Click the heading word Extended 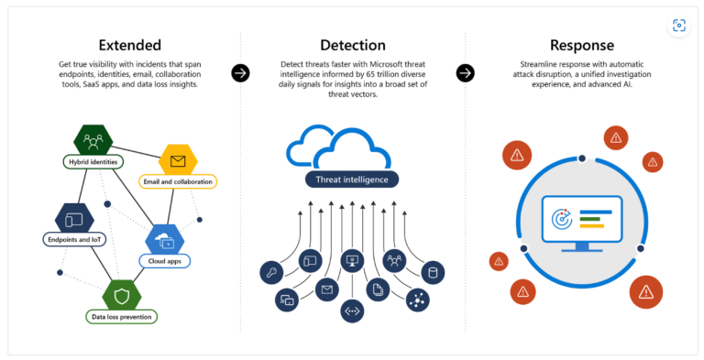point(129,45)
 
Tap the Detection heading point(352,45)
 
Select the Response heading point(581,45)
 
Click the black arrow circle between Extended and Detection point(240,73)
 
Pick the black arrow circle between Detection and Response point(465,73)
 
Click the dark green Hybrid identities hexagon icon point(93,140)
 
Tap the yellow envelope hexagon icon point(178,161)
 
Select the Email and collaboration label point(178,181)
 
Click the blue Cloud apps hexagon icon point(165,241)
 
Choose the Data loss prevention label point(122,316)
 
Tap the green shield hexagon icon point(122,294)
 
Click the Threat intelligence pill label point(352,180)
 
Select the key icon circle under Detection point(272,272)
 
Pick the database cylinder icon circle point(433,272)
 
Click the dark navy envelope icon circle point(324,289)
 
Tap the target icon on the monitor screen point(562,219)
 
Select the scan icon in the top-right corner point(678,26)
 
